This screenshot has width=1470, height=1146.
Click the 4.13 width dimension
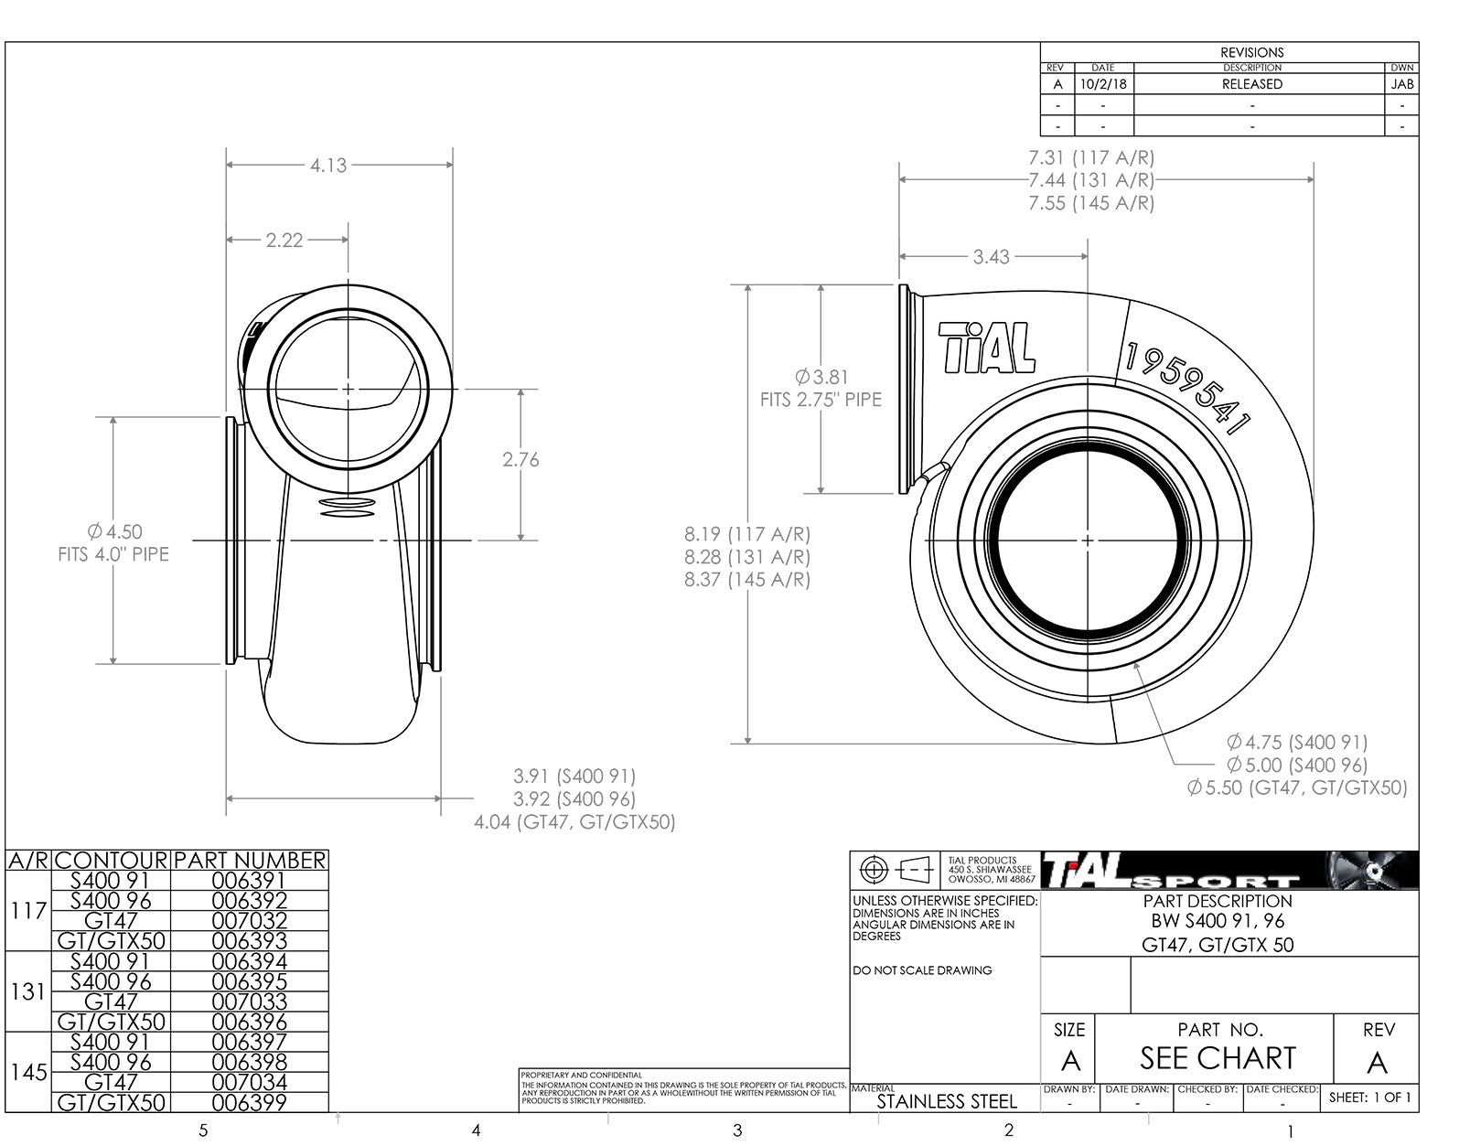pyautogui.click(x=327, y=166)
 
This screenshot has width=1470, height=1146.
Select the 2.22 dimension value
pyautogui.click(x=284, y=241)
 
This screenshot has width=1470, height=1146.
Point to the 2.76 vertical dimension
pyautogui.click(x=520, y=460)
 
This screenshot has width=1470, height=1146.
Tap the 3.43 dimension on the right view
pyautogui.click(x=991, y=257)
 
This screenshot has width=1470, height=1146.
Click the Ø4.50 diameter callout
pyautogui.click(x=115, y=531)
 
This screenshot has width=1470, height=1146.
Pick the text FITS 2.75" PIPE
pyautogui.click(x=821, y=400)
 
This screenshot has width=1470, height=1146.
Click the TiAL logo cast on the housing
pyautogui.click(x=986, y=348)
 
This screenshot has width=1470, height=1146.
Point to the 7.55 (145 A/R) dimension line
pyautogui.click(x=1090, y=203)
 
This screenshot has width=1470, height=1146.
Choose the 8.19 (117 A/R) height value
pyautogui.click(x=746, y=534)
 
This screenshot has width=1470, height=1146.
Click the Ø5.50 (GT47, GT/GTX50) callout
pyautogui.click(x=1296, y=787)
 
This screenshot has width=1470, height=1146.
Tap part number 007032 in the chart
pyautogui.click(x=249, y=921)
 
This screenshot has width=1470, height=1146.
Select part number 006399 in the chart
pyautogui.click(x=249, y=1103)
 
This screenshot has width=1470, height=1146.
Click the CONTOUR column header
pyautogui.click(x=113, y=861)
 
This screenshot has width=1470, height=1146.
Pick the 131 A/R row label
pyautogui.click(x=28, y=991)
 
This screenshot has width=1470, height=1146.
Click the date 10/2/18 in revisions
pyautogui.click(x=1102, y=84)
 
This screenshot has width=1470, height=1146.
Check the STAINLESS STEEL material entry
pyautogui.click(x=946, y=1102)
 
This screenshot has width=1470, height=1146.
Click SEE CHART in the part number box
pyautogui.click(x=1217, y=1059)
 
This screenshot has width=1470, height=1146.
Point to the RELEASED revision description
pyautogui.click(x=1251, y=84)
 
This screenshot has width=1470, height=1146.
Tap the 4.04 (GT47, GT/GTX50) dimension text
pyautogui.click(x=574, y=822)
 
